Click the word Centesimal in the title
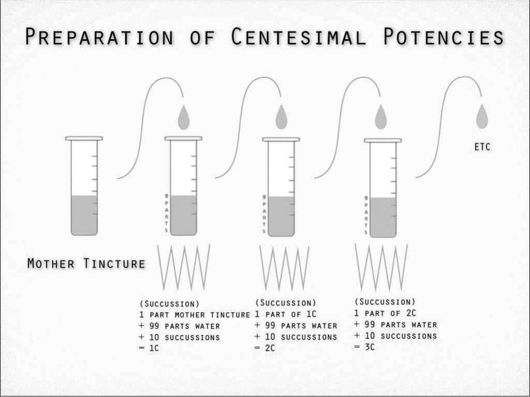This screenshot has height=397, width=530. [x=299, y=38]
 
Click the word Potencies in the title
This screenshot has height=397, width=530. [x=444, y=38]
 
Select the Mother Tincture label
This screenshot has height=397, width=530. [x=86, y=264]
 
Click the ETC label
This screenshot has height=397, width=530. [x=482, y=147]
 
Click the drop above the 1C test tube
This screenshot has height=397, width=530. [x=184, y=118]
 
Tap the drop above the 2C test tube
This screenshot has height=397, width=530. [x=281, y=117]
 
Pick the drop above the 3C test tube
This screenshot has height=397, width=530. [x=381, y=117]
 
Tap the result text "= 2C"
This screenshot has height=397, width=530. [x=265, y=348]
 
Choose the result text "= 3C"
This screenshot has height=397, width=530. [x=364, y=347]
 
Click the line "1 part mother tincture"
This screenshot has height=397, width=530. [x=195, y=315]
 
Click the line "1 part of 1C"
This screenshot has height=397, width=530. [x=286, y=314]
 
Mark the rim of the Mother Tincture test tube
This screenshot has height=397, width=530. [x=84, y=139]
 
